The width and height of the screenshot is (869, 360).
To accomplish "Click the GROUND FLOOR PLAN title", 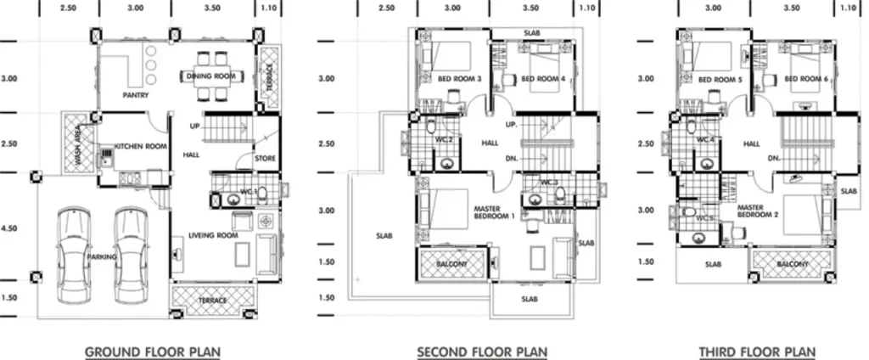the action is (x=153, y=352).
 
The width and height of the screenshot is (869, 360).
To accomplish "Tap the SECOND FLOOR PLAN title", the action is (x=482, y=352).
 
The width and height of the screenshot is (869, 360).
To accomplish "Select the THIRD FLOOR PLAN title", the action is (x=757, y=352).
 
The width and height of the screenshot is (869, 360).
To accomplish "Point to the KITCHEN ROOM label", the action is (x=141, y=146).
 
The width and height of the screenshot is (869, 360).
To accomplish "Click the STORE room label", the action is (x=265, y=159).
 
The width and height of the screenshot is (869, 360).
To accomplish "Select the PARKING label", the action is (x=102, y=256).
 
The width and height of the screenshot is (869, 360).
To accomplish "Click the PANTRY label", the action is (x=136, y=95).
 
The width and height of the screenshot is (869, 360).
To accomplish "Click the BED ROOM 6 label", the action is (x=809, y=79).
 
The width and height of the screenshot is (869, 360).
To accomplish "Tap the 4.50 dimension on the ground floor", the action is (x=9, y=228).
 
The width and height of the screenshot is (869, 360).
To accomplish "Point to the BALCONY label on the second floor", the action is (x=451, y=264).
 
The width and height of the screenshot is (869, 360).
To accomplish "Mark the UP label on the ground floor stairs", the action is (x=194, y=127).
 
